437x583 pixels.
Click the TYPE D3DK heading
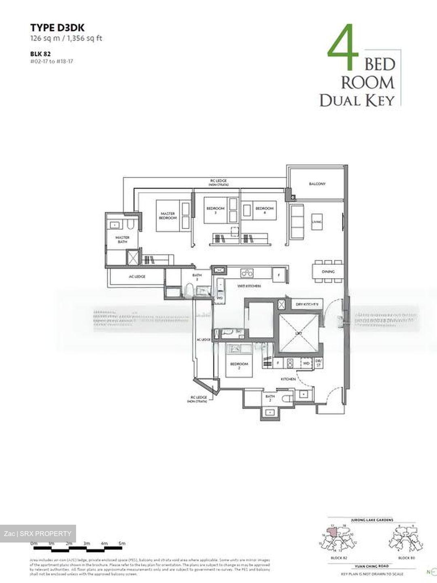57,28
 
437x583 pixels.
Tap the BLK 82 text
40,53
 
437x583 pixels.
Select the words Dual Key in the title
356,100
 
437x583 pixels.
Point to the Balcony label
317,184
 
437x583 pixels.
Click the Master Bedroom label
168,216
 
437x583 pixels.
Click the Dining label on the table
328,272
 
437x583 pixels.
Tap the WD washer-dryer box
306,363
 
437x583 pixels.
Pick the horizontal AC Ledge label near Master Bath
137,277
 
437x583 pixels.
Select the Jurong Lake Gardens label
373,520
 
